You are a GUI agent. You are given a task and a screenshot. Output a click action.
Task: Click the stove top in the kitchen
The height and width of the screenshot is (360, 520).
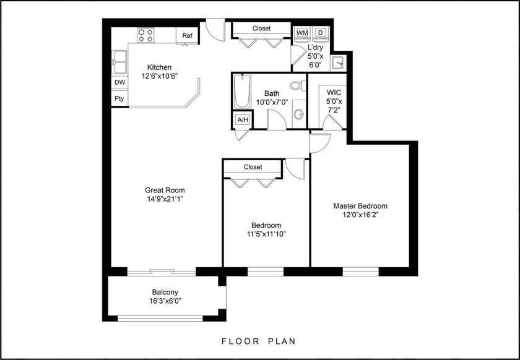tap(145, 35)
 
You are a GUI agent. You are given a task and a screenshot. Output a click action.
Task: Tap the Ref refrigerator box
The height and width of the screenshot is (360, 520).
tap(187, 35)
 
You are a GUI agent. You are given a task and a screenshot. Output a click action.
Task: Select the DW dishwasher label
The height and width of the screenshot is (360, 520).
tap(119, 82)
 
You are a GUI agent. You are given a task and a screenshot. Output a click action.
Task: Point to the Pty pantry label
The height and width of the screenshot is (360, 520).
tap(119, 98)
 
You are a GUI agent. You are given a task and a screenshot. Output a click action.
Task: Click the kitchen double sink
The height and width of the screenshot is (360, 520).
tap(119, 62)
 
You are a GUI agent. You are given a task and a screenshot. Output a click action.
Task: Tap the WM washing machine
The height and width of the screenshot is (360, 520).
tap(302, 33)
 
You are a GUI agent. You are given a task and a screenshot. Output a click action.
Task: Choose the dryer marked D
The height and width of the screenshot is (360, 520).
tap(320, 33)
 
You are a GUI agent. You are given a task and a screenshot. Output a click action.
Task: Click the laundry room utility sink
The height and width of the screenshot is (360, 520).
tap(338, 62)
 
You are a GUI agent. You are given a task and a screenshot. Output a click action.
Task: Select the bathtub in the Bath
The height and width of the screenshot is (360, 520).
tap(243, 91)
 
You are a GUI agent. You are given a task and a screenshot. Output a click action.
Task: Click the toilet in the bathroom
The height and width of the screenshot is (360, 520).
tap(298, 85)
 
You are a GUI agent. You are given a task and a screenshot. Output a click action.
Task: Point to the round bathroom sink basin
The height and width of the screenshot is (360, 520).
tap(300, 114)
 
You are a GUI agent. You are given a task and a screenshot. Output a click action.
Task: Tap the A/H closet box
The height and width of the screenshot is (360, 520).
tap(243, 119)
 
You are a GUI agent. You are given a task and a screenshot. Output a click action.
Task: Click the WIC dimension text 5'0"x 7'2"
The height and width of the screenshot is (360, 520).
tap(334, 106)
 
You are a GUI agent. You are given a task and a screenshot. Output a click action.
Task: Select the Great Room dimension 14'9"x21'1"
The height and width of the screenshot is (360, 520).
tap(165, 199)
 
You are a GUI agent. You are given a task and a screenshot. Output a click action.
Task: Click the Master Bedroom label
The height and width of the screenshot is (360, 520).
tap(360, 206)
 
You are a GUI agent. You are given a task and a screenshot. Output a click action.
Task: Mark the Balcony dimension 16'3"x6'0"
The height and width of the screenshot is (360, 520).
tap(165, 301)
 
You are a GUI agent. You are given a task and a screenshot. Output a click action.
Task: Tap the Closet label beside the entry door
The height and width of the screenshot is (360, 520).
tap(261, 28)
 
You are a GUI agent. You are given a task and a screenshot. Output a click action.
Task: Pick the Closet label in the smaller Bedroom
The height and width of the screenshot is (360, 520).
tap(253, 167)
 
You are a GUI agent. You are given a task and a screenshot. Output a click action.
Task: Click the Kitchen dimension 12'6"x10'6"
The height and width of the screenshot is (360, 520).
tap(160, 76)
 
